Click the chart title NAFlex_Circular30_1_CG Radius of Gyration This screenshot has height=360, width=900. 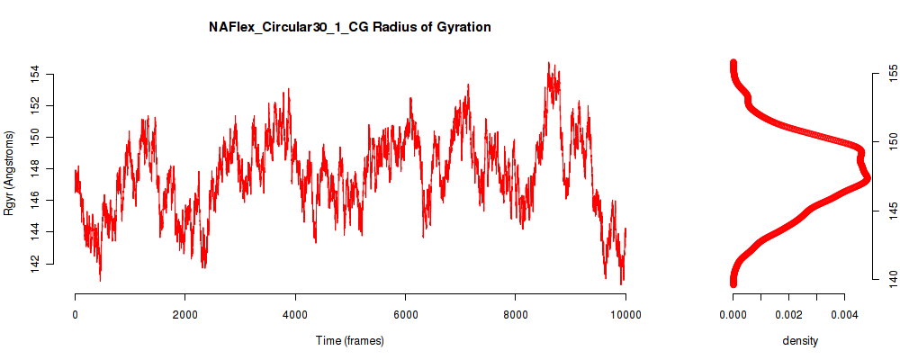[350, 28]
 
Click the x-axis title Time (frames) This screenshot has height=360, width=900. [349, 340]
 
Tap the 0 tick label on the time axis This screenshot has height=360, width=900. [75, 314]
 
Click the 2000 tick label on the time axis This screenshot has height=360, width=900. [184, 314]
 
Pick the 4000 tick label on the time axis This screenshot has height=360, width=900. [295, 314]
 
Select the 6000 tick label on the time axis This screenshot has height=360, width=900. [405, 314]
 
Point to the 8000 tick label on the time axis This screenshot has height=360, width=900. [515, 314]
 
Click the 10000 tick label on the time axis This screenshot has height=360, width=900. [625, 314]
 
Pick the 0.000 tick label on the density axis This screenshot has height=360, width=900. [733, 314]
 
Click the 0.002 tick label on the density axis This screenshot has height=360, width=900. [788, 314]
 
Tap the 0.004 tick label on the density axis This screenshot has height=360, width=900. [843, 314]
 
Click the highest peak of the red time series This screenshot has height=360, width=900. [549, 63]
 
